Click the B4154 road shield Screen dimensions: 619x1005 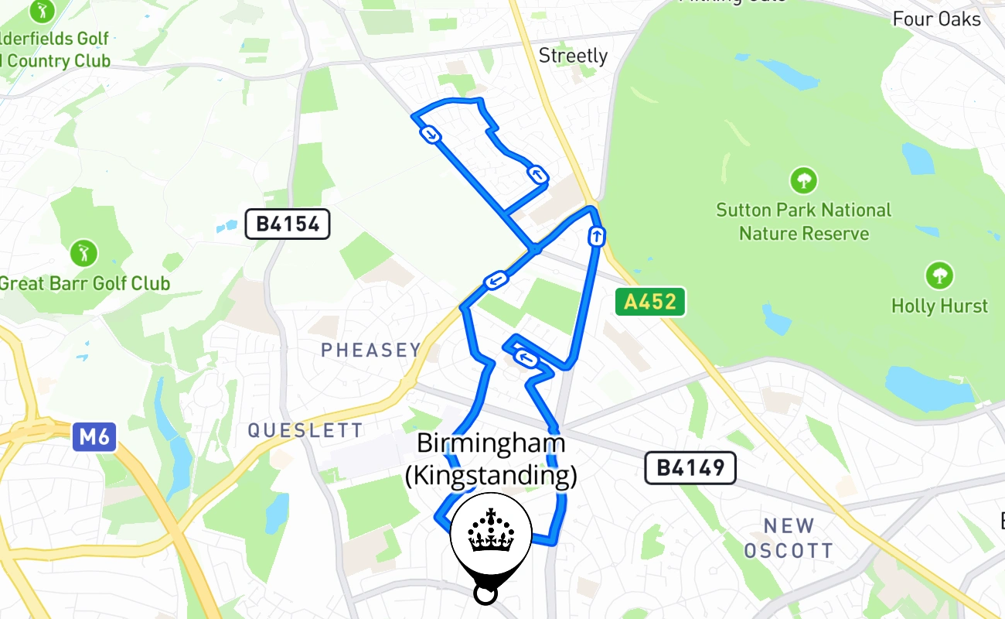pyautogui.click(x=288, y=224)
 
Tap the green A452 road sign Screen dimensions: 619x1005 pyautogui.click(x=650, y=301)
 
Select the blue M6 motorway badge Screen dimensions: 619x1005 pyautogui.click(x=94, y=437)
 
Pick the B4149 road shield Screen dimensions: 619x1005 pyautogui.click(x=690, y=467)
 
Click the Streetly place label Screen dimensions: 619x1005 pyautogui.click(x=573, y=56)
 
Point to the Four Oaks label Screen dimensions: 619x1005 pyautogui.click(x=936, y=19)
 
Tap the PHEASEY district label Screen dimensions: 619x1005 pyautogui.click(x=370, y=351)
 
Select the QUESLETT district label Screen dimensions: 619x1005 pyautogui.click(x=305, y=431)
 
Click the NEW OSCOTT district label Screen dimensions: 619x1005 pyautogui.click(x=788, y=538)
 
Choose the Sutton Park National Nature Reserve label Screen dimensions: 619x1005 pyautogui.click(x=804, y=221)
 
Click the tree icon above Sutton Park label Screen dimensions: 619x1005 pyautogui.click(x=804, y=181)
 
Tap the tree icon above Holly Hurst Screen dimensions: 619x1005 pyautogui.click(x=939, y=275)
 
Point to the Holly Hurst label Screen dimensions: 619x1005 pyautogui.click(x=939, y=306)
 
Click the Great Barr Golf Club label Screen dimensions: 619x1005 pyautogui.click(x=84, y=283)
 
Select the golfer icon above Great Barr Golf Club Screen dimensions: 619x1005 pyautogui.click(x=83, y=252)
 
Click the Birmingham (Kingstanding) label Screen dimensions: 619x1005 pyautogui.click(x=491, y=460)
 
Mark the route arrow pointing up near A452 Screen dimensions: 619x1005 pyautogui.click(x=596, y=236)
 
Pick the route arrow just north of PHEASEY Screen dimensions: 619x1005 pyautogui.click(x=496, y=280)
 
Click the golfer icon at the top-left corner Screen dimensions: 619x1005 pyautogui.click(x=39, y=10)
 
